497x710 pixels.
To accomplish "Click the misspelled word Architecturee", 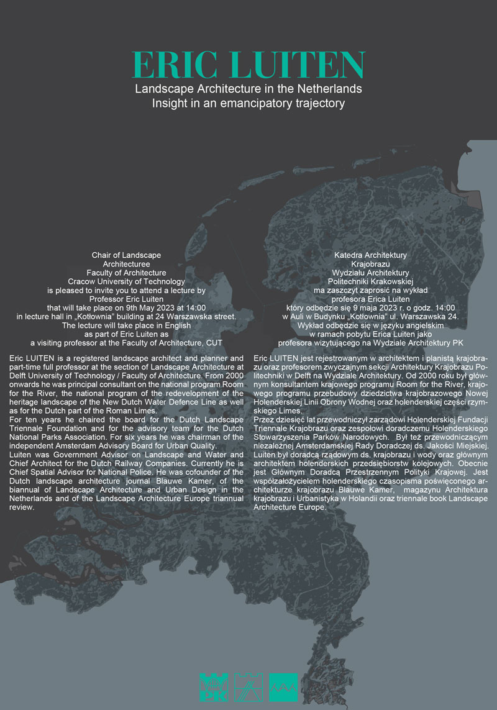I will coord(127,264).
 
